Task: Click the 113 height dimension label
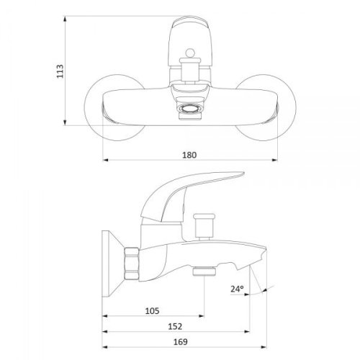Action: click(60, 71)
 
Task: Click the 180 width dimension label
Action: click(189, 155)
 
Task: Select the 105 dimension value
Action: click(152, 311)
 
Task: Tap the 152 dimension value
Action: click(175, 326)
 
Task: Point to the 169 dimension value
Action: click(180, 342)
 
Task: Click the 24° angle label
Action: click(237, 289)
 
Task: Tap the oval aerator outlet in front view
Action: click(190, 109)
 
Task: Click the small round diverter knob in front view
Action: click(190, 53)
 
